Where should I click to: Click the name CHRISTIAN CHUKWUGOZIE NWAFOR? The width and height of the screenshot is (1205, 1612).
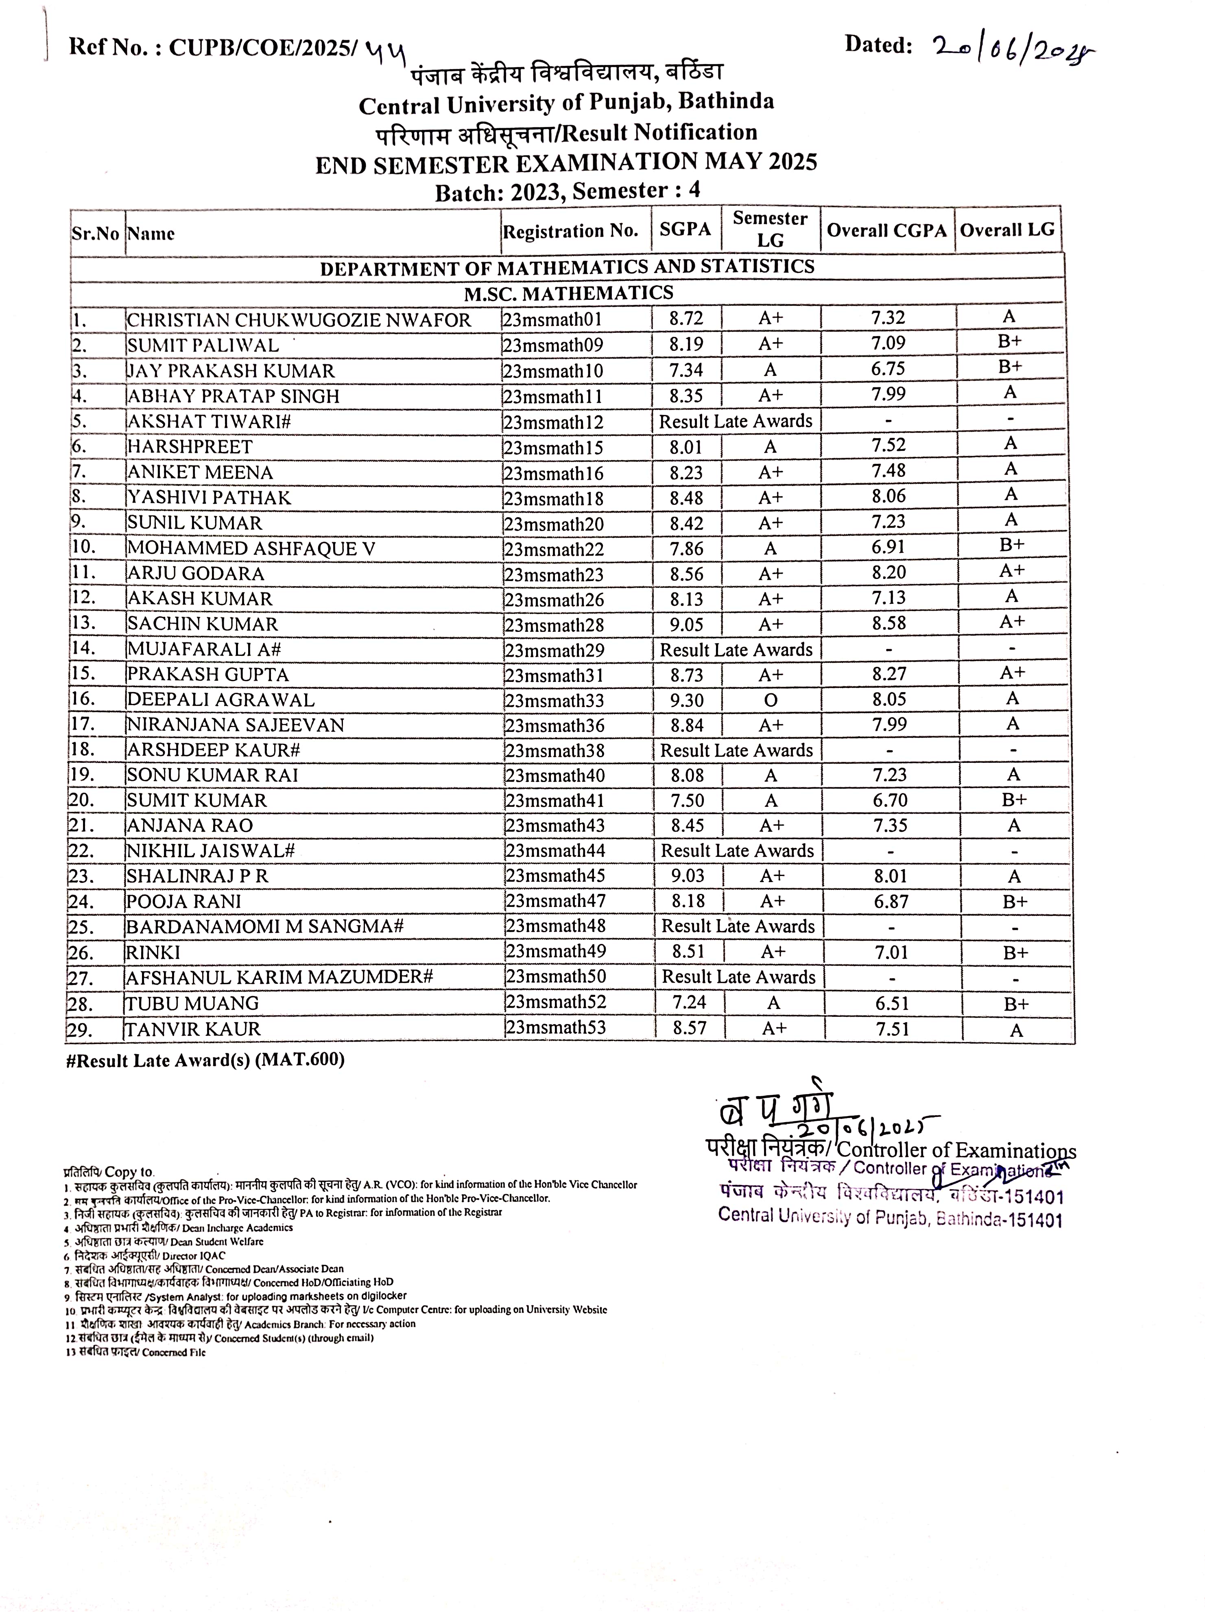[299, 320]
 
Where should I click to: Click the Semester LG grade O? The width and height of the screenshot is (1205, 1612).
[771, 700]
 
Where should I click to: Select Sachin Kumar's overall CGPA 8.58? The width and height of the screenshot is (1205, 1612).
[889, 623]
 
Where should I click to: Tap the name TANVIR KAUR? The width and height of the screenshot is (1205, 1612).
[193, 1029]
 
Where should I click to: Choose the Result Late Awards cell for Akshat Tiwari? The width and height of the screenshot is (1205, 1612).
[735, 421]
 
